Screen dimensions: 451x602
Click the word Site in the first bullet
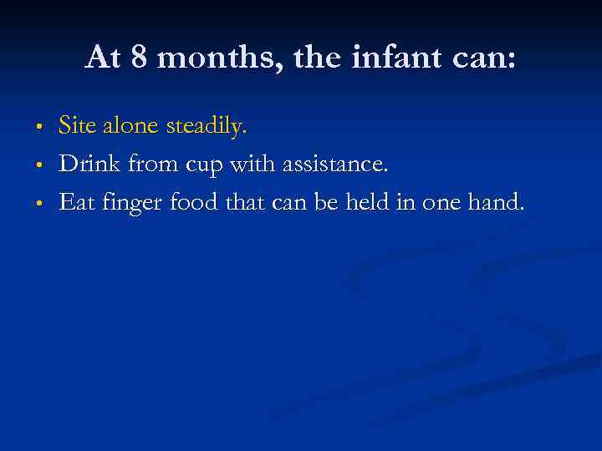tap(76, 126)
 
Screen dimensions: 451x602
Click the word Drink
tap(87, 164)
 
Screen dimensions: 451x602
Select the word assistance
tap(335, 164)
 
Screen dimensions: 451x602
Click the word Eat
tap(78, 201)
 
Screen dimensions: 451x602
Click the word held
tap(370, 201)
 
